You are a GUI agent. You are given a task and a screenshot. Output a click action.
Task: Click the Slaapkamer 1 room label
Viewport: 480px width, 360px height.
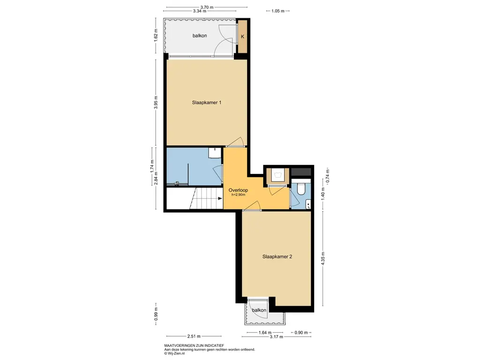(x=207, y=103)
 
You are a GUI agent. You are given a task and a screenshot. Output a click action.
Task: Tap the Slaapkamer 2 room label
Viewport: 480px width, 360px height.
(x=277, y=256)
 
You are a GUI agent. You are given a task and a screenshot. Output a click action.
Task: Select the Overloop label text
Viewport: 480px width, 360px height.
(x=238, y=190)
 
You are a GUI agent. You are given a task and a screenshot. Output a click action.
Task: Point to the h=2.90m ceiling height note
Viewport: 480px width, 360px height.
(x=238, y=195)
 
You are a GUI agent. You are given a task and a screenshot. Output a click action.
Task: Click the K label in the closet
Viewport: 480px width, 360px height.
(x=243, y=37)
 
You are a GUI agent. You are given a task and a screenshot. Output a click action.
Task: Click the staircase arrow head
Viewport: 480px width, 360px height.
(x=220, y=198)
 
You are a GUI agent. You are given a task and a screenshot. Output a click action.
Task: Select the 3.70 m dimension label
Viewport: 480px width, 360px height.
(x=207, y=7)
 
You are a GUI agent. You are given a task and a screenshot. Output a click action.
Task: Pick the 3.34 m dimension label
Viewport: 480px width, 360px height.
(x=200, y=11)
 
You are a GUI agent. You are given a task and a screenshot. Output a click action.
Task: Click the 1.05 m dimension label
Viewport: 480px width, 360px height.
(x=278, y=11)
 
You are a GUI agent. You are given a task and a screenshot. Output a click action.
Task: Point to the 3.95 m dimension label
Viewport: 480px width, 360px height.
(x=156, y=103)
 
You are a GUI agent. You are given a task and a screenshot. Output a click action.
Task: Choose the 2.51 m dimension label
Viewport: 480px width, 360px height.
(x=194, y=337)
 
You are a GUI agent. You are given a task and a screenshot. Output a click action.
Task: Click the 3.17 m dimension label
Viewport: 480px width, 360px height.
(x=277, y=337)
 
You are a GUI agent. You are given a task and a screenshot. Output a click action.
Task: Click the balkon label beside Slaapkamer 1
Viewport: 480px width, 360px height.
(x=200, y=36)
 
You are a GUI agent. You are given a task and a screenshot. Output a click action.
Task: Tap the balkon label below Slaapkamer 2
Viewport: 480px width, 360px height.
(x=259, y=310)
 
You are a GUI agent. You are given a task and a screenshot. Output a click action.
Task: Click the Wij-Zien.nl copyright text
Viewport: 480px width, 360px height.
(x=174, y=353)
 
